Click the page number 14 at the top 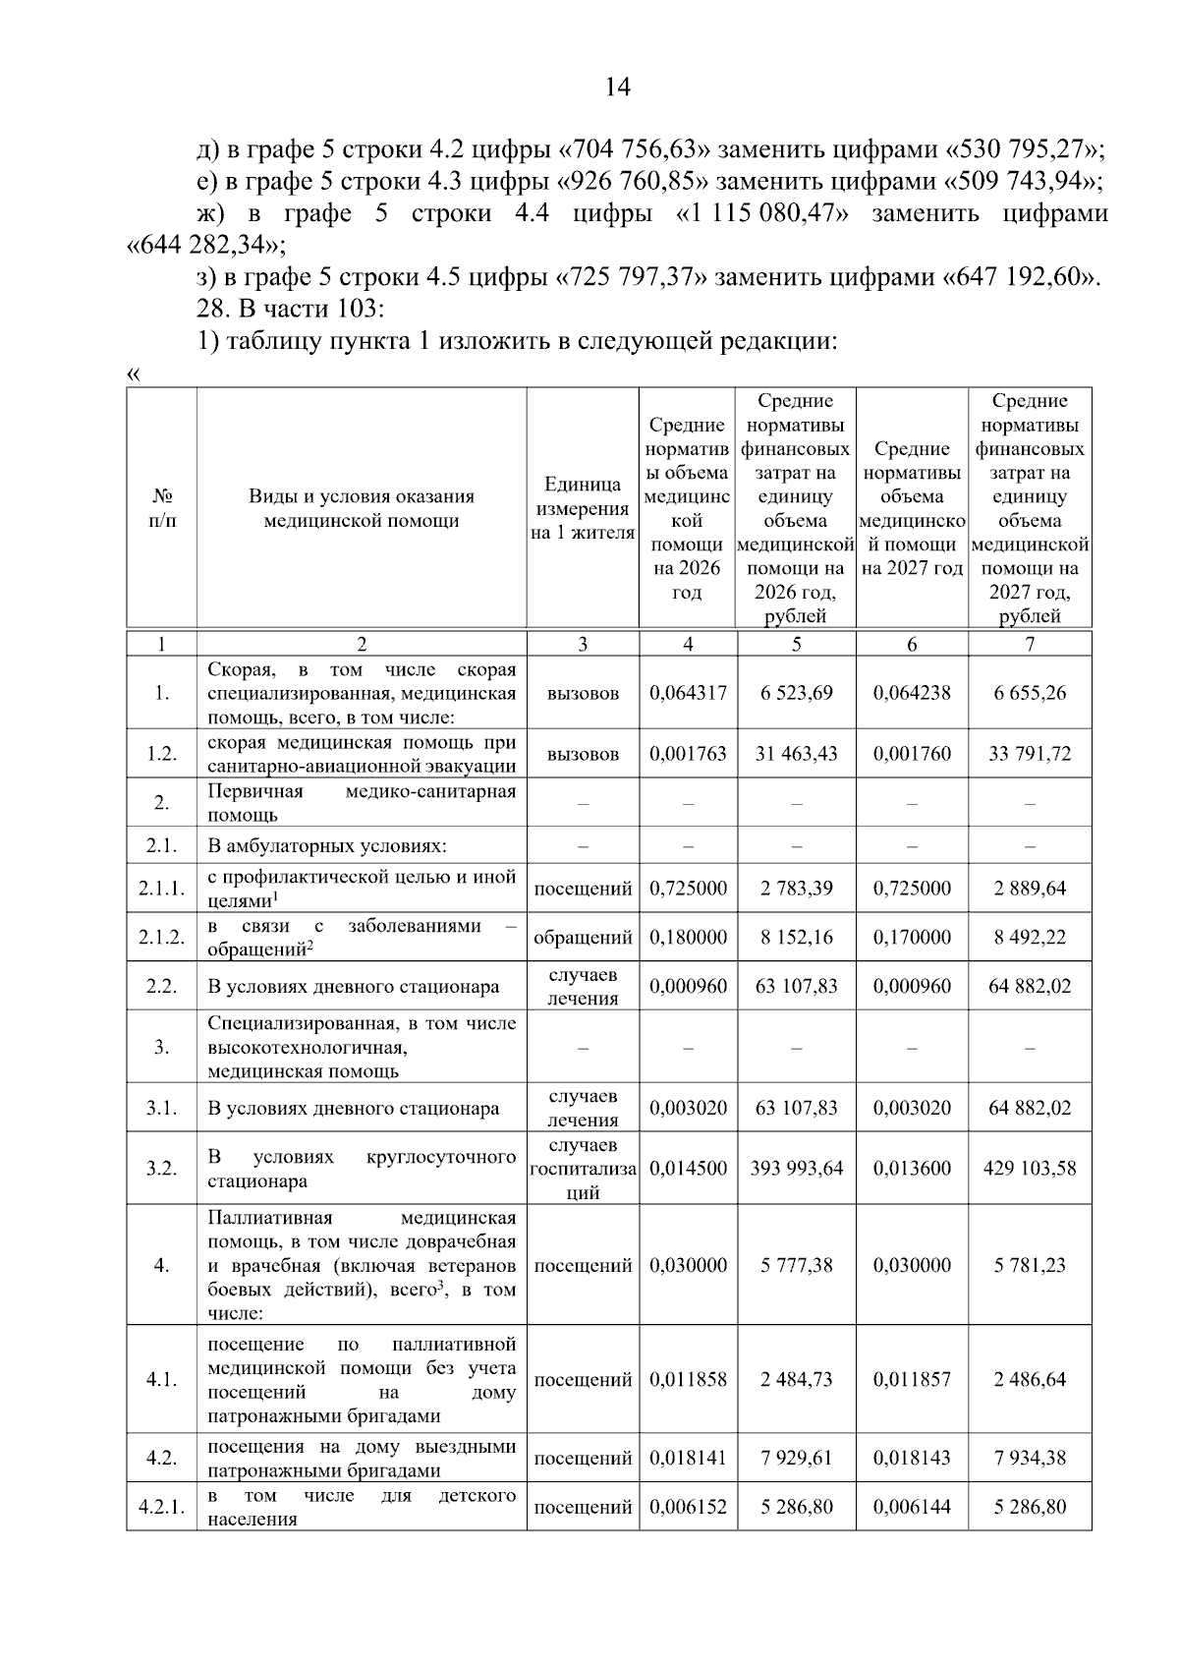coord(617,87)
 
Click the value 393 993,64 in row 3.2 coord(796,1169)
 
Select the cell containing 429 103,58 coord(1029,1169)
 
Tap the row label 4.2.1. coord(161,1507)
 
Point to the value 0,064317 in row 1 coord(688,693)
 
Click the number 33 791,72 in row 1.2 coord(1029,754)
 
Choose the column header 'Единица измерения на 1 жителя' coord(583,508)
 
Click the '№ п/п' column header coord(161,508)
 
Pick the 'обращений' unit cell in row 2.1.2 coord(583,938)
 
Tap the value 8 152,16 coord(796,938)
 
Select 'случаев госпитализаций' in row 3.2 coord(583,1169)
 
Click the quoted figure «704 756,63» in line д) coord(634,150)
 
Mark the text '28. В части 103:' coord(290,309)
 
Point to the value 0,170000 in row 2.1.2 coord(912,938)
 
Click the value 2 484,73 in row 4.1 coord(796,1380)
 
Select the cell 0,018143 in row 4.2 coord(912,1458)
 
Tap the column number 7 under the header coord(1029,645)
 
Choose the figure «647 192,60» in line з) coord(1021,277)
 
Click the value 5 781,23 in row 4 coord(1029,1266)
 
